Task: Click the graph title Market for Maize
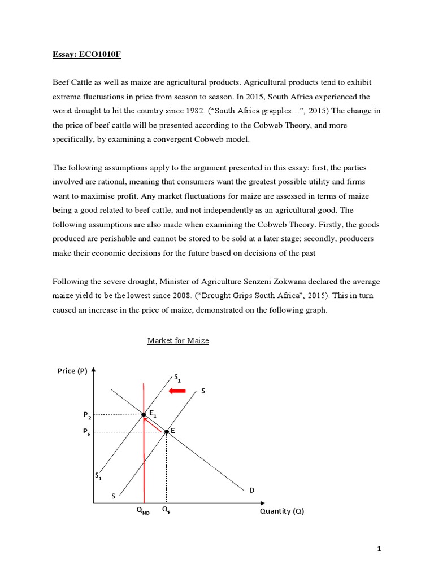(x=178, y=340)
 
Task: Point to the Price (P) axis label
(x=72, y=371)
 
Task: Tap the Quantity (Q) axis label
(x=281, y=511)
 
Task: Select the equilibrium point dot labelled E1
(x=144, y=415)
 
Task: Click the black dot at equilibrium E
(x=167, y=432)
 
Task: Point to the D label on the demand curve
(x=251, y=490)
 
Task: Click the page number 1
(x=380, y=548)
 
